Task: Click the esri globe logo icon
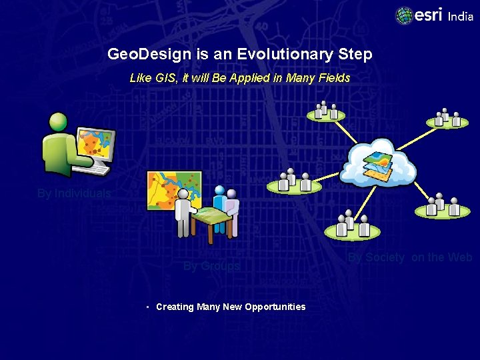(x=404, y=15)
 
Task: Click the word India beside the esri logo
(x=461, y=16)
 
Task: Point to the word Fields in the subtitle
(x=335, y=78)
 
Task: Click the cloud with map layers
(x=378, y=162)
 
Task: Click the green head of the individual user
(x=59, y=122)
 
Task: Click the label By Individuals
(x=73, y=194)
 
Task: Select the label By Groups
(x=211, y=266)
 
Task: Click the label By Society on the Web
(x=410, y=257)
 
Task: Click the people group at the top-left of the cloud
(x=325, y=111)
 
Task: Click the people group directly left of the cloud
(x=293, y=182)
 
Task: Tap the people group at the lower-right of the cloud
(x=442, y=207)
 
